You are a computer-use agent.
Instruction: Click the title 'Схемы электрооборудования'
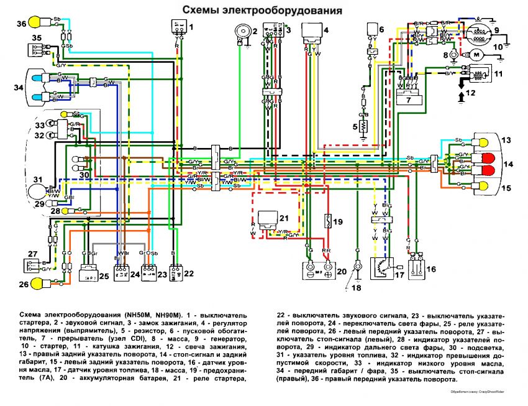tap(261, 11)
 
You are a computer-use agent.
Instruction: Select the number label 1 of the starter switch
tap(191, 27)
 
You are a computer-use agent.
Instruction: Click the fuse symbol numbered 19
tap(327, 221)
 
